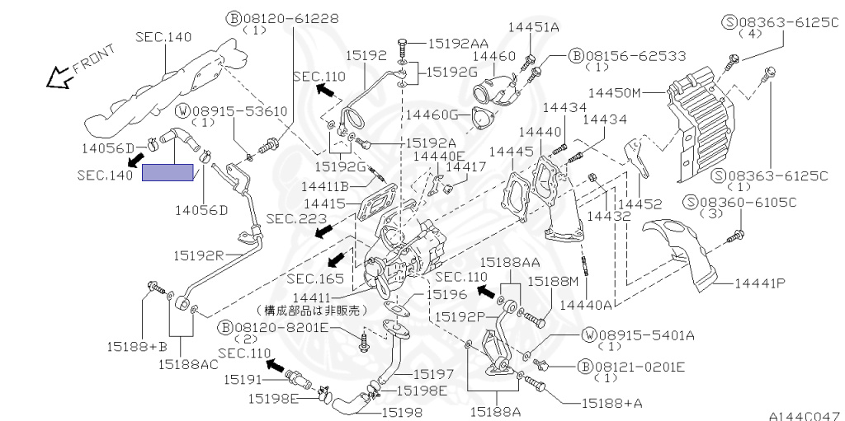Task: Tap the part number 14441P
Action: click(x=757, y=283)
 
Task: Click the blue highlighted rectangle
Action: click(x=168, y=172)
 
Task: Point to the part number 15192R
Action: click(x=198, y=255)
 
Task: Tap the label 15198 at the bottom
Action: click(x=407, y=409)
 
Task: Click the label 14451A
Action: click(x=533, y=27)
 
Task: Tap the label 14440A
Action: click(x=586, y=306)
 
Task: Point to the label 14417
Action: click(x=466, y=166)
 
